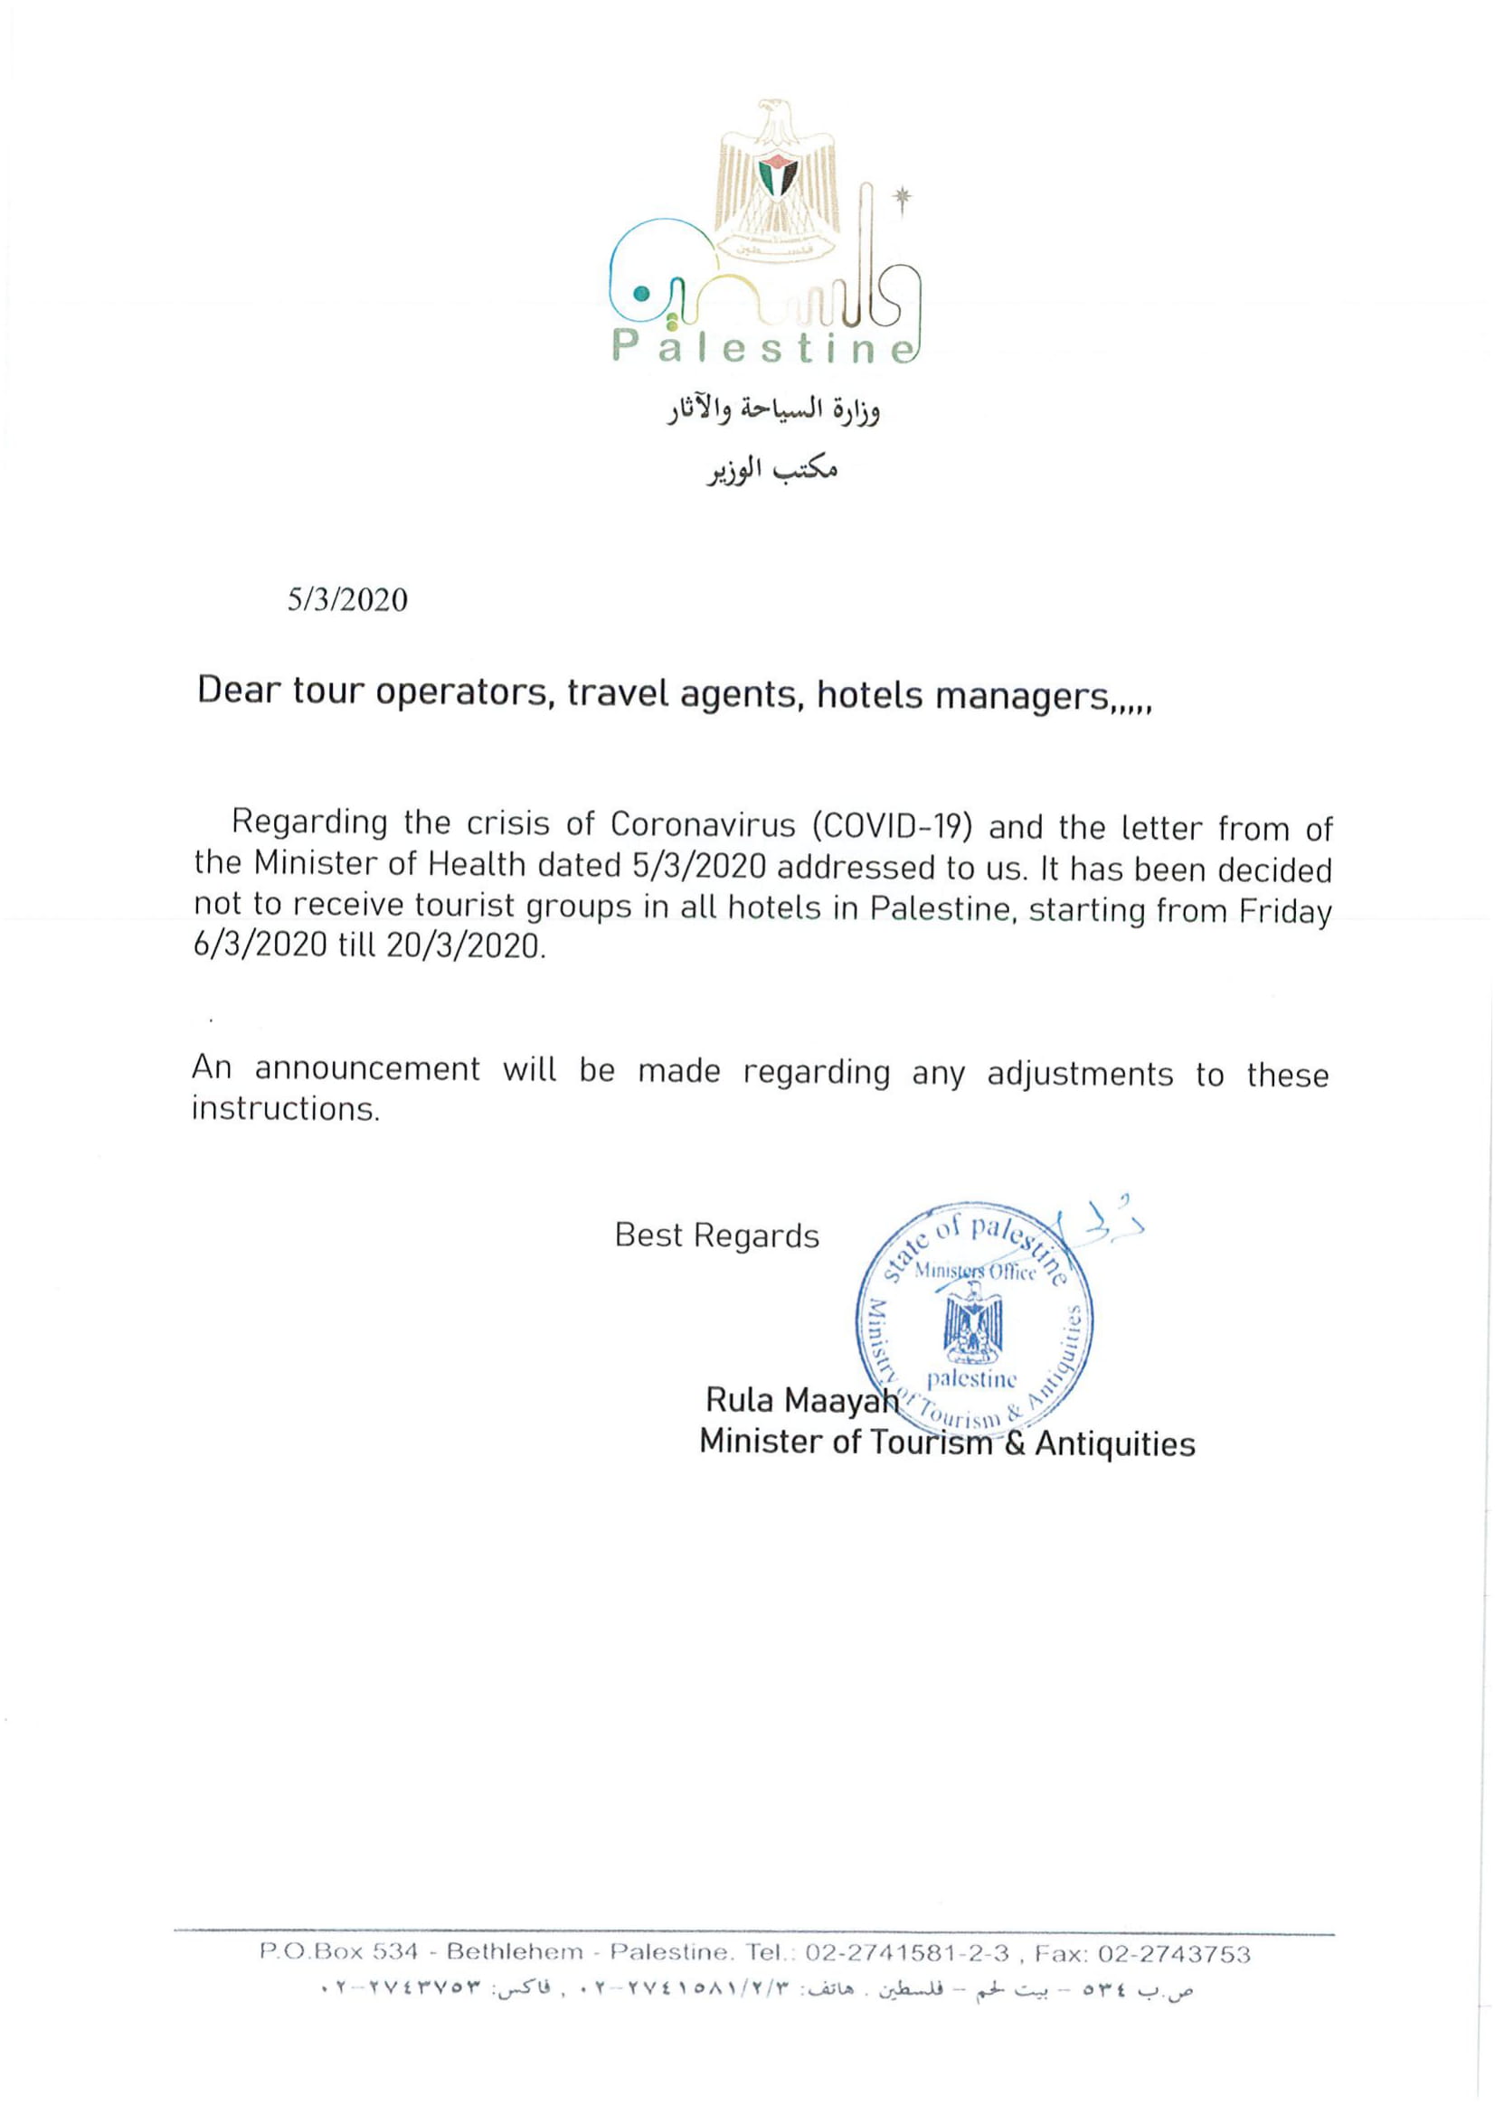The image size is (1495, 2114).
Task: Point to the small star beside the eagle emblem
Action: click(902, 196)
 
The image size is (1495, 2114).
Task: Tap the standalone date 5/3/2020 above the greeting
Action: click(347, 599)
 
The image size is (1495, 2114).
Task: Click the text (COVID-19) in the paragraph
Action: click(892, 826)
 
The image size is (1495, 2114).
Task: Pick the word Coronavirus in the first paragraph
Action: click(702, 824)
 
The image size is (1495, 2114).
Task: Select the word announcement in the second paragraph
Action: click(366, 1069)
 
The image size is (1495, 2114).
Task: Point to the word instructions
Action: click(286, 1109)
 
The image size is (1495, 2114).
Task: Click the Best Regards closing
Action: click(716, 1236)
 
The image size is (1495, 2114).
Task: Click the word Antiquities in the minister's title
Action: click(1114, 1442)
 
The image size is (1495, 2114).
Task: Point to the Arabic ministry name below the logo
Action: click(773, 410)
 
